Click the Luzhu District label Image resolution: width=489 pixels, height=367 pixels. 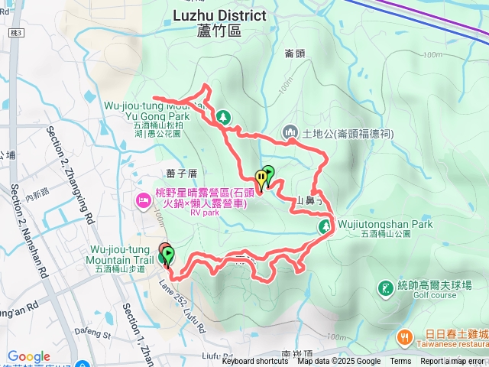219,15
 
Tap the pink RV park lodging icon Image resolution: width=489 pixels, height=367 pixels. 143,201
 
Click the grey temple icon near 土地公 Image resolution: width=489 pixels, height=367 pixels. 290,133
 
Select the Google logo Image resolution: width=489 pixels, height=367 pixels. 28,356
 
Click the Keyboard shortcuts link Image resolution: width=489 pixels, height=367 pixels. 255,362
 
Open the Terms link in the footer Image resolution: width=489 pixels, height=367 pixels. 400,362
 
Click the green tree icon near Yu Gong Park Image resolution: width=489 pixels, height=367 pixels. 222,117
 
